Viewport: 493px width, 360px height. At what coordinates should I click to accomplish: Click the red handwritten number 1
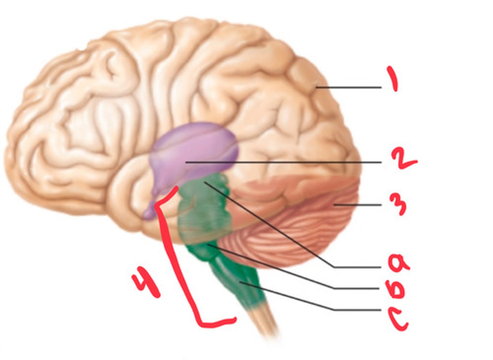tap(393, 79)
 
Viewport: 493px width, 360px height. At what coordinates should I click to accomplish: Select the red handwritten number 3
tap(398, 204)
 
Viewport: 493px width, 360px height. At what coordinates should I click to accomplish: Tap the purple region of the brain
tap(195, 144)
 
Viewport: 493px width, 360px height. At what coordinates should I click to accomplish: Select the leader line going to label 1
tap(349, 88)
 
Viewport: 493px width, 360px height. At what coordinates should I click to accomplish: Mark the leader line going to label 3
tap(358, 205)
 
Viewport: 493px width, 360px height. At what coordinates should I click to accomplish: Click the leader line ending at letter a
tap(274, 226)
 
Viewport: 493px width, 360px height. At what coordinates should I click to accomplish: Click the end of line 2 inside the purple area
tap(187, 162)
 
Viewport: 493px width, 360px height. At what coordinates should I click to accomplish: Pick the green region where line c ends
tap(241, 283)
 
